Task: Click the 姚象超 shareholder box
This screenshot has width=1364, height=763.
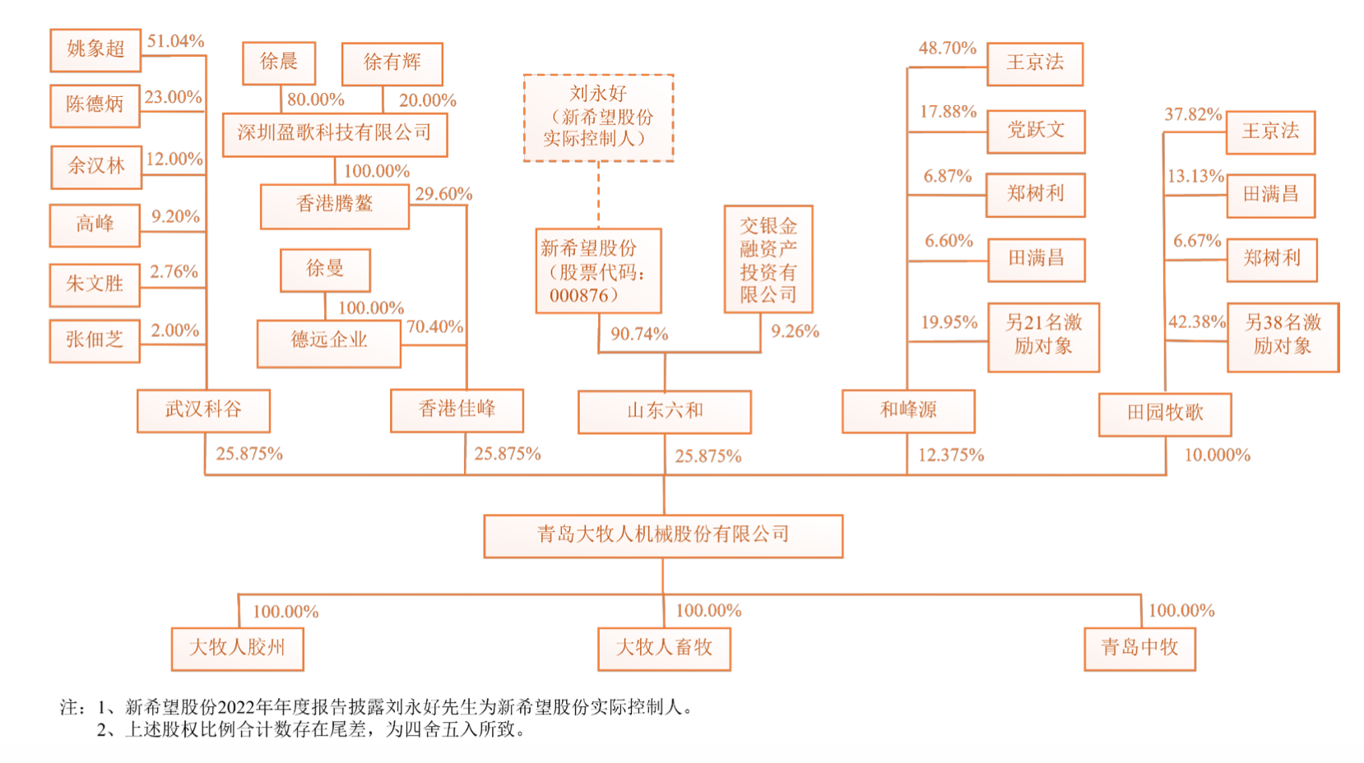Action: pos(95,49)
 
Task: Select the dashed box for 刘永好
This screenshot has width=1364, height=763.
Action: pos(598,118)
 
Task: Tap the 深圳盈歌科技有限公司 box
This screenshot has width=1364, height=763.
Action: pos(335,134)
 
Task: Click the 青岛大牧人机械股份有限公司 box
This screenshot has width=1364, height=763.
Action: pos(663,536)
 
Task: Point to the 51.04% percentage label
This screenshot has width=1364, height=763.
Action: pos(175,41)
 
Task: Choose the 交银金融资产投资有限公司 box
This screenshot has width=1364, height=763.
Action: pos(768,259)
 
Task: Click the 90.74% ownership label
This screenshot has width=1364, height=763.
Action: pos(639,334)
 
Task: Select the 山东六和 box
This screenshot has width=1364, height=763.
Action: pos(665,411)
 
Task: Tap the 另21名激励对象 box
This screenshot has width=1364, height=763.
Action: pos(1043,335)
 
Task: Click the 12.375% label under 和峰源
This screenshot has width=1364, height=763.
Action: pos(951,455)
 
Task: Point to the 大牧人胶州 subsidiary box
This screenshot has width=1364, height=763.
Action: pos(237,649)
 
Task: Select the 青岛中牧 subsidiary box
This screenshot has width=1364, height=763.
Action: pos(1139,649)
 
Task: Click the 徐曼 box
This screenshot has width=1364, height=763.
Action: pos(325,270)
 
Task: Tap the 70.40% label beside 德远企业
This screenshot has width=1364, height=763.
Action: pos(434,326)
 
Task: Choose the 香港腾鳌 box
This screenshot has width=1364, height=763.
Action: pos(335,206)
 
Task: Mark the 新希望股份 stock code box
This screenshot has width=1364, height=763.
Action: pos(598,271)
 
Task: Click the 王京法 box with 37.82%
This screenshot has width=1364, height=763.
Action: pos(1270,132)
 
